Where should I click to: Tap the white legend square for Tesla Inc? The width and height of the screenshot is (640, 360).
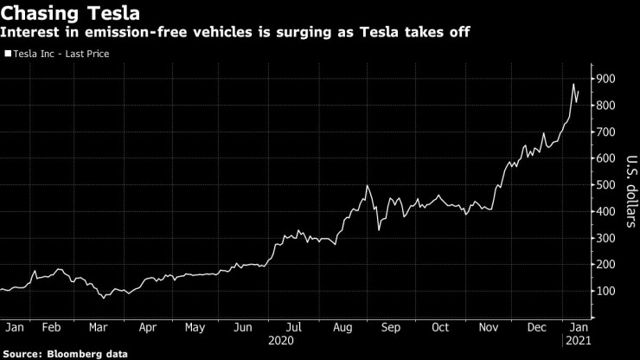[9, 54]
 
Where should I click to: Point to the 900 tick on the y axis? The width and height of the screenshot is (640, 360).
[605, 79]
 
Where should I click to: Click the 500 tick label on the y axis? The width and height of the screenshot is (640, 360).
[605, 185]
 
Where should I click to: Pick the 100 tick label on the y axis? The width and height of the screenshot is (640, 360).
[605, 292]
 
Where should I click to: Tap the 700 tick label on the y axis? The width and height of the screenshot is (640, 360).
[605, 132]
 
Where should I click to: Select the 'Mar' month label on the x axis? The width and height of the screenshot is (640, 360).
[99, 329]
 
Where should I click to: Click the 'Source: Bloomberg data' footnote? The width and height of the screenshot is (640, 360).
[66, 353]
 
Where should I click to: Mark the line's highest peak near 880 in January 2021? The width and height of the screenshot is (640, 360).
[573, 84]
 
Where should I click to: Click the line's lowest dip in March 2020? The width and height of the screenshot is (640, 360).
[104, 298]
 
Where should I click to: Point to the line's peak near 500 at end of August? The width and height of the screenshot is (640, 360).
[368, 185]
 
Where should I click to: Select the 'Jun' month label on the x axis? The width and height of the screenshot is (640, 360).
[245, 329]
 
